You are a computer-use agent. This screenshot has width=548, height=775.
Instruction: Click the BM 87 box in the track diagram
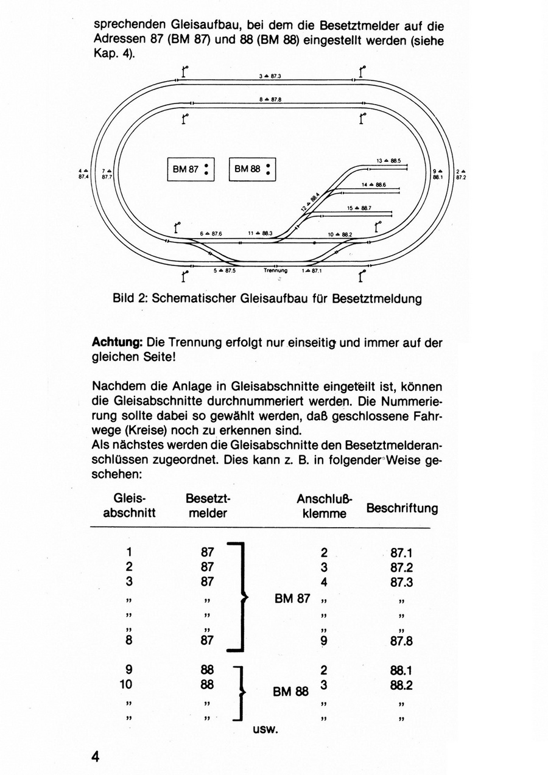point(191,169)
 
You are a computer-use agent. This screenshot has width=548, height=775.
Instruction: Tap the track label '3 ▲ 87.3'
point(269,77)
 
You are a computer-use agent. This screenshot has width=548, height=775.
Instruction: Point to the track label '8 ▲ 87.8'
point(269,98)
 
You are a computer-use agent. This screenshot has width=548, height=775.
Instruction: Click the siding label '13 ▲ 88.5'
point(388,161)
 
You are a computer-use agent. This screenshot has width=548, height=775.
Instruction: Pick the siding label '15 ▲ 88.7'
point(359,208)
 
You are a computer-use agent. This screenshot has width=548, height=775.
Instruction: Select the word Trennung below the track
point(275,270)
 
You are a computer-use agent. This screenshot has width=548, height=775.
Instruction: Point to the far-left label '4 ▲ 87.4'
point(83,174)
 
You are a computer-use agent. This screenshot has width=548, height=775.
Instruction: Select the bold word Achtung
point(117,343)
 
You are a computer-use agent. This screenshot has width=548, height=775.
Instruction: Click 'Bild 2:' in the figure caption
point(131,299)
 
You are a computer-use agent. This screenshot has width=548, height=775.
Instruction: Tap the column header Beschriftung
point(401,508)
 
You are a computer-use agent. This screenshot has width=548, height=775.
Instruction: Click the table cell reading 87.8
point(401,641)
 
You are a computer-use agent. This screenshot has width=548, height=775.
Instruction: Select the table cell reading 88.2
point(401,684)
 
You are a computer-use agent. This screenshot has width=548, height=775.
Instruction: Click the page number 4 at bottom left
point(95,757)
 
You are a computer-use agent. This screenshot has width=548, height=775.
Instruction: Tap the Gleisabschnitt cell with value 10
point(126,684)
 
